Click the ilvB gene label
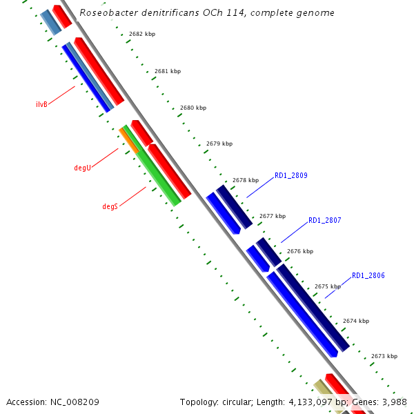click(x=41, y=105)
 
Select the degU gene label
click(x=82, y=168)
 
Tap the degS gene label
click(x=110, y=206)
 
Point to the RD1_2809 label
click(x=291, y=176)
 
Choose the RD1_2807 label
click(x=325, y=220)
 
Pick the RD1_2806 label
click(x=368, y=275)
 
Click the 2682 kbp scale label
click(x=142, y=34)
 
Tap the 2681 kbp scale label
click(x=168, y=71)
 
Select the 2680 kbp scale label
click(x=193, y=108)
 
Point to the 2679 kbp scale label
click(x=219, y=144)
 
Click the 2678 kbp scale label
click(x=246, y=180)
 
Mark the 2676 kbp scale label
click(x=300, y=252)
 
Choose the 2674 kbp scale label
click(x=355, y=321)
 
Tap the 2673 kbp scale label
click(x=384, y=356)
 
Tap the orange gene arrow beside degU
click(x=128, y=139)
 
